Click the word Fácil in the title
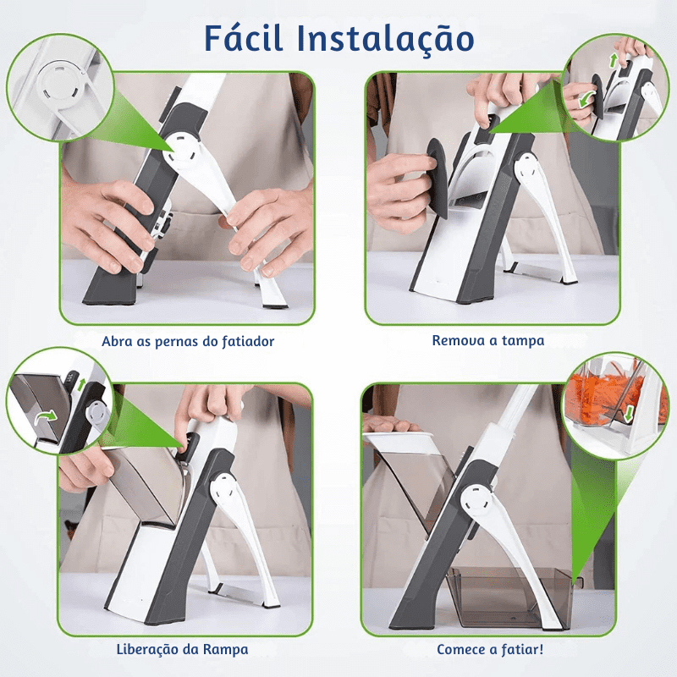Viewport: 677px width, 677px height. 246,39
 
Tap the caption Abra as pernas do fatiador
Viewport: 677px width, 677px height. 188,342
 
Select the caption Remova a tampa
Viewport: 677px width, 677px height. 488,341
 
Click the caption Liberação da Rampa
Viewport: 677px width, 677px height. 182,650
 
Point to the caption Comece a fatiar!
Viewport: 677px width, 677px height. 490,650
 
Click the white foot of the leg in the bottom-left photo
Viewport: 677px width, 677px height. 269,599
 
